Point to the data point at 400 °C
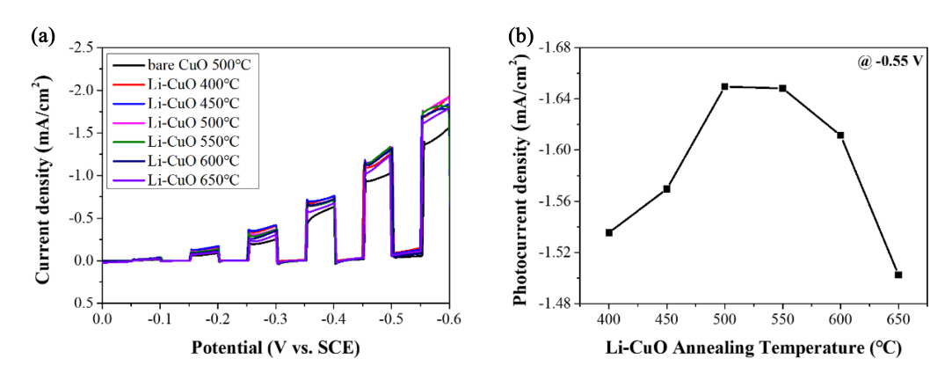(x=609, y=232)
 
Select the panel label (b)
(x=521, y=36)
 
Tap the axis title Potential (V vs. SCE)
(x=275, y=347)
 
